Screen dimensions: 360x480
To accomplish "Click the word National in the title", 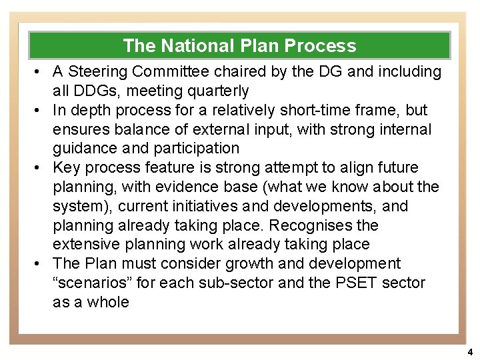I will click(195, 46).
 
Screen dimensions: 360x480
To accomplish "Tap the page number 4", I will click(469, 351).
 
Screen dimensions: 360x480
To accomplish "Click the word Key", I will click(66, 167).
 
